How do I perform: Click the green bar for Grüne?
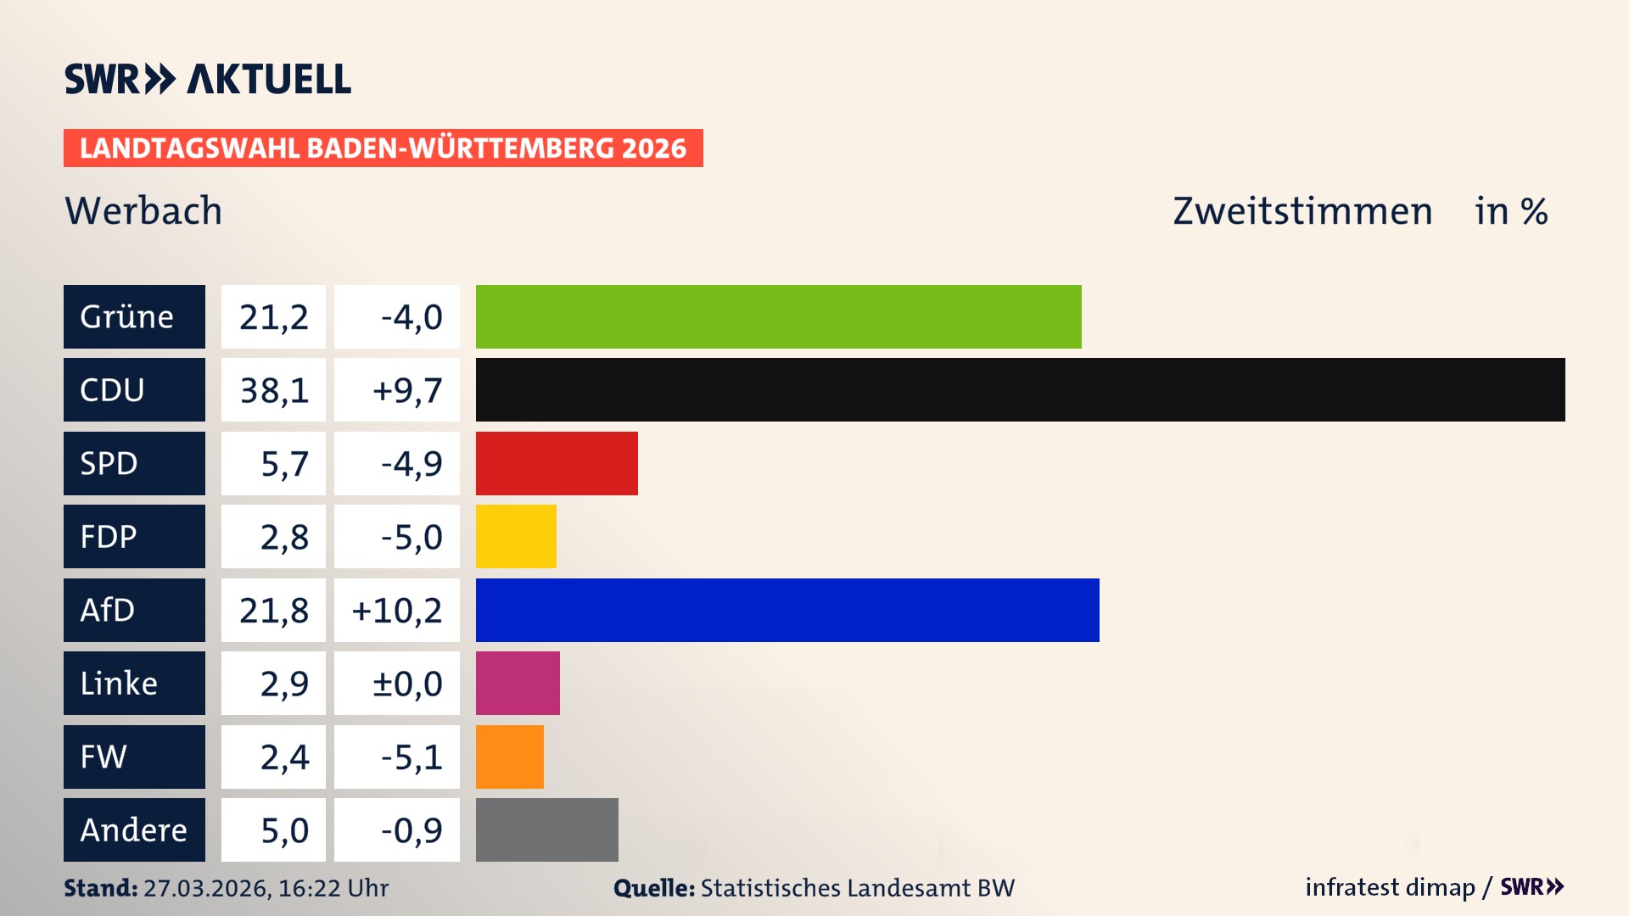(x=778, y=316)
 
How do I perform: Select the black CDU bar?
(x=1020, y=389)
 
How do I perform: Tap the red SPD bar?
(x=557, y=463)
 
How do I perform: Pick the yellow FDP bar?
(x=516, y=536)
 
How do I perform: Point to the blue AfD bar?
(x=787, y=610)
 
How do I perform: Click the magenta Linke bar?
(x=518, y=683)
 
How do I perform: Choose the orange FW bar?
(x=509, y=757)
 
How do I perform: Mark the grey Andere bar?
(x=546, y=829)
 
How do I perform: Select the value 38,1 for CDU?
(x=273, y=390)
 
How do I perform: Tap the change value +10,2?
(x=397, y=611)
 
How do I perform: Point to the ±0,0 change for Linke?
(x=406, y=684)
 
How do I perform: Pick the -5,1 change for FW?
(x=411, y=757)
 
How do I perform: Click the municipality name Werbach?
(x=143, y=210)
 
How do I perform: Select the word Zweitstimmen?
(x=1302, y=211)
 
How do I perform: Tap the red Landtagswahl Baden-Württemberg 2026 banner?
(x=383, y=148)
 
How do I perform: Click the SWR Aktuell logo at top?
(x=208, y=79)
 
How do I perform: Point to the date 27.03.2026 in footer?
(x=206, y=888)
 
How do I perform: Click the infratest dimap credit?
(x=1389, y=887)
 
